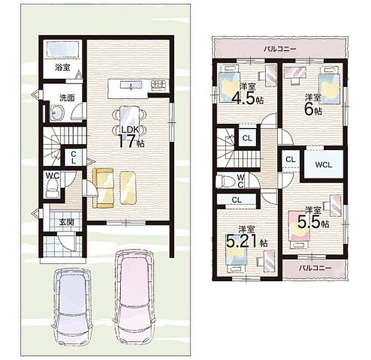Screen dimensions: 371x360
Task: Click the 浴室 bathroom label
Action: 62,68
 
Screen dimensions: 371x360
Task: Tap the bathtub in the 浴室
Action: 63,49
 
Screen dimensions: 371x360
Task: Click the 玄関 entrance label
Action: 66,222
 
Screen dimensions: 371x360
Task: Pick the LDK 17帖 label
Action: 131,138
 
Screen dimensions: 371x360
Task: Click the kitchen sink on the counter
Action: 131,85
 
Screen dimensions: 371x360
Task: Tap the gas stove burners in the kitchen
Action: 159,84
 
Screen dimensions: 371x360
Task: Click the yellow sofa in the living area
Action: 103,188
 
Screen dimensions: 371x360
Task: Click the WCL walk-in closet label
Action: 324,165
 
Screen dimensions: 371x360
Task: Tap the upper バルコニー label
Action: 280,49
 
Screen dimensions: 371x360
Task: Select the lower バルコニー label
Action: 315,268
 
